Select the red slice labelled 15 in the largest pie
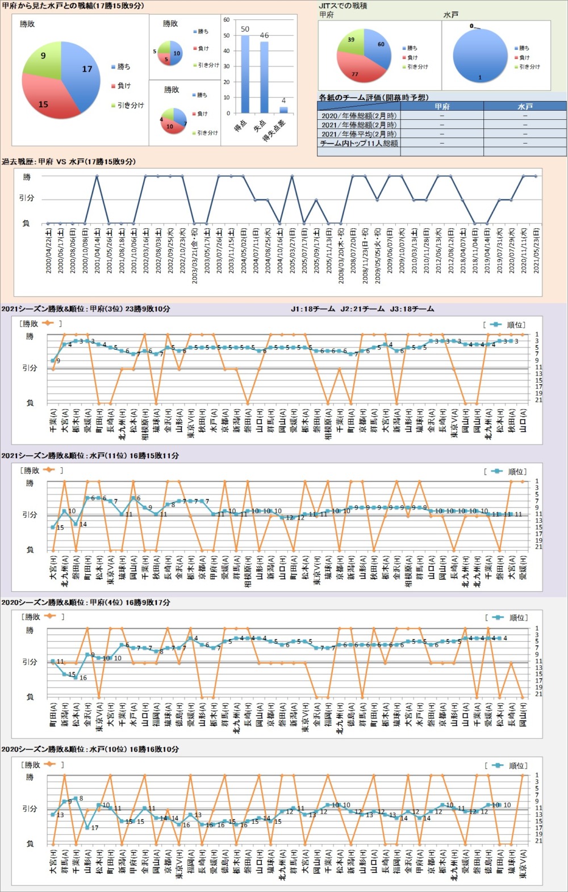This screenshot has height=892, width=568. (x=45, y=99)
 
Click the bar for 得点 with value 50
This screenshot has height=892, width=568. (x=245, y=74)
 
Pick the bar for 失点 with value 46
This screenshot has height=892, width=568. (x=264, y=77)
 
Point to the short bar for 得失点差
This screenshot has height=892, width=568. (x=283, y=110)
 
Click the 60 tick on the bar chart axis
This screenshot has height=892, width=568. (x=226, y=20)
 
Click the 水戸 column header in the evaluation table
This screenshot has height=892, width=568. (x=525, y=106)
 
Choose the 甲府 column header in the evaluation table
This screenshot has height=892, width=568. (x=442, y=106)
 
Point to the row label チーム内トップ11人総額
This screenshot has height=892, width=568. (x=359, y=143)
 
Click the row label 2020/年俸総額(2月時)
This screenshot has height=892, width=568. (x=359, y=116)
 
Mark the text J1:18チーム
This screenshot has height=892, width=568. (x=312, y=309)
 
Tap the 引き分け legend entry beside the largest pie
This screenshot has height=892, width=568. (x=131, y=105)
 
